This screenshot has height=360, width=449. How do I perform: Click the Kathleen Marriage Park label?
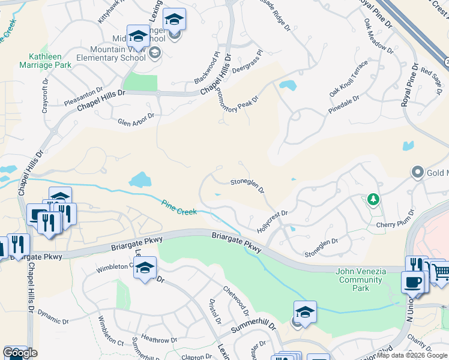click(45, 59)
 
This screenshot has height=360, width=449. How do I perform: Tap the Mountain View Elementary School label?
click(118, 53)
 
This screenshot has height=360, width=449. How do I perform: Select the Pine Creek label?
click(179, 208)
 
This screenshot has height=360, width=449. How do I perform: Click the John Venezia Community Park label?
click(360, 280)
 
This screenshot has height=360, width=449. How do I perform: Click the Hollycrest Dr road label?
click(273, 221)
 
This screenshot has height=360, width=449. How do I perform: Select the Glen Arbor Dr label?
click(136, 118)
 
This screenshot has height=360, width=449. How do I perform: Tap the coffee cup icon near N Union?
click(412, 282)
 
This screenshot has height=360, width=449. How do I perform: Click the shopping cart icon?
click(441, 273)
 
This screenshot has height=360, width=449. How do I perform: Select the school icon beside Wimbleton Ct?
click(145, 268)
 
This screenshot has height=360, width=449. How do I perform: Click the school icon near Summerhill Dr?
click(304, 312)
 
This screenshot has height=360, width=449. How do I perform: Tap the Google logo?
click(20, 353)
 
